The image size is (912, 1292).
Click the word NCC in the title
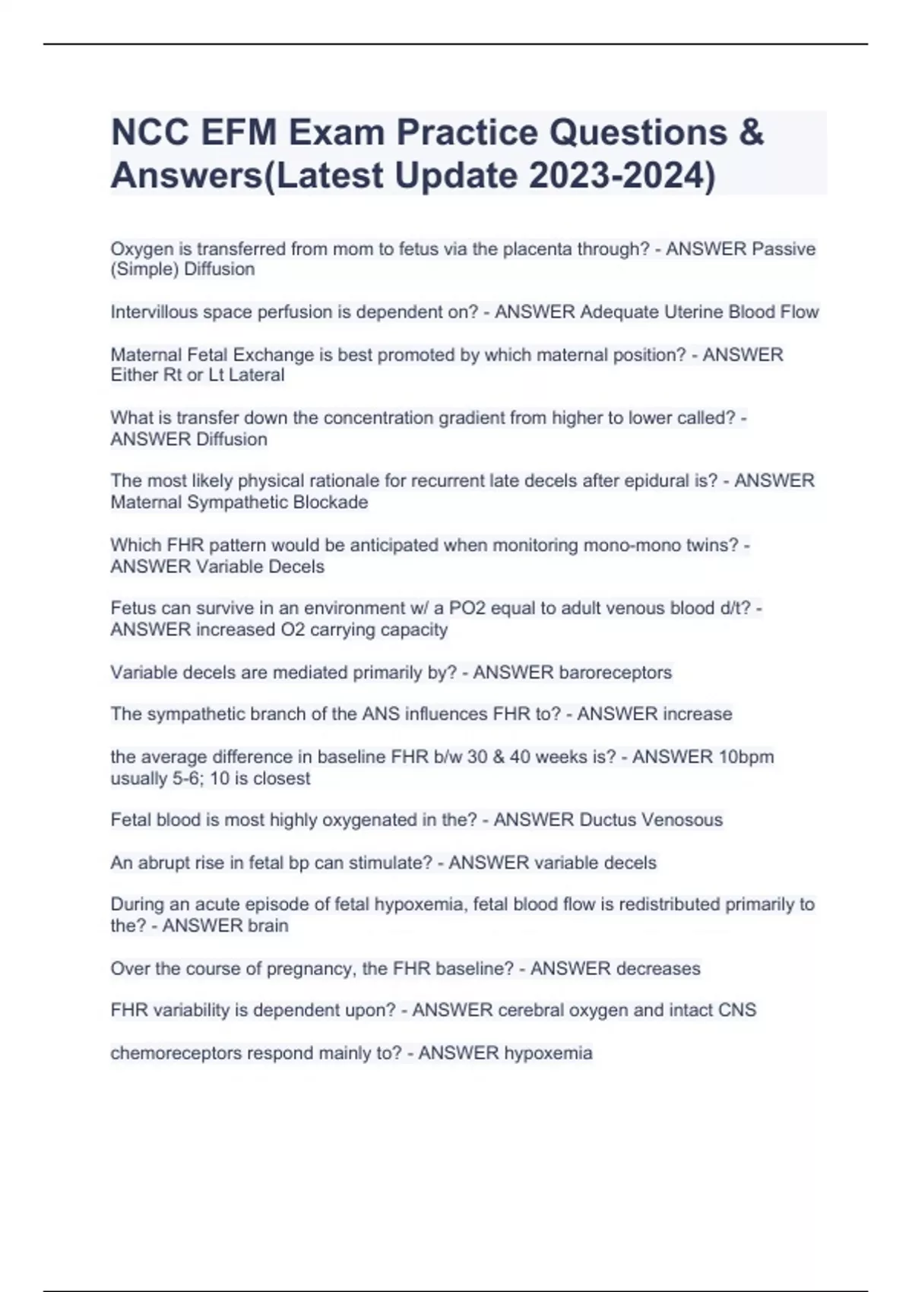(150, 133)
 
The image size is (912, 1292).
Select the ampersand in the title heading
(750, 133)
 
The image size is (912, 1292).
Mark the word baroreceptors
(616, 673)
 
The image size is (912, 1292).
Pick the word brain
(268, 926)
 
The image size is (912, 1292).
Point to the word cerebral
(529, 1010)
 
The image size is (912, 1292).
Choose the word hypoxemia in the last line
(548, 1053)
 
